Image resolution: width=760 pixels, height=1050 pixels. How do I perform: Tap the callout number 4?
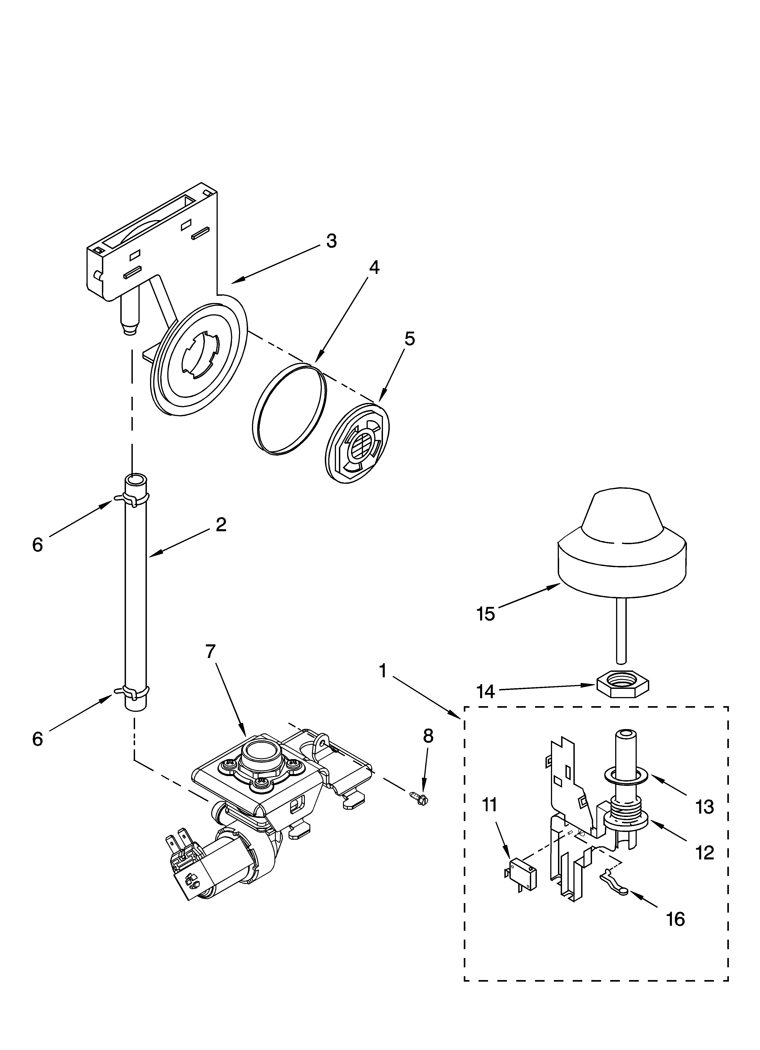coord(374,268)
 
